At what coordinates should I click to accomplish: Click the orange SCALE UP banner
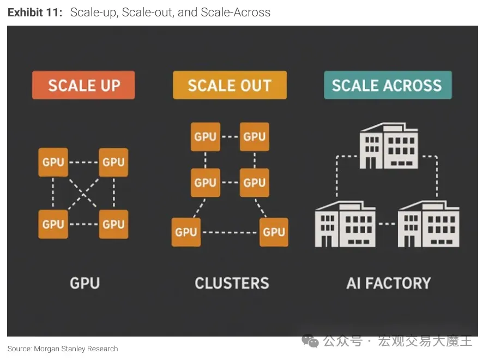(83, 86)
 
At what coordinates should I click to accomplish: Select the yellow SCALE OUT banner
(230, 86)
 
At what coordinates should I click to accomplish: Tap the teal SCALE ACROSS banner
(387, 86)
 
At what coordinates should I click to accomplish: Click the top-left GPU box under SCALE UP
(53, 162)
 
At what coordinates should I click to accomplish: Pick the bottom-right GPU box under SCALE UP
(113, 224)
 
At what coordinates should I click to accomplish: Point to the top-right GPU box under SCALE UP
(113, 162)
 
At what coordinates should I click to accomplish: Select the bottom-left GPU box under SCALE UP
(53, 224)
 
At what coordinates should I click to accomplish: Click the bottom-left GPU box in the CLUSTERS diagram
(186, 232)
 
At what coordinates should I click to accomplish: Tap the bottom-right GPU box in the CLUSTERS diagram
(274, 232)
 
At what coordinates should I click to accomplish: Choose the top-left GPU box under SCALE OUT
(205, 136)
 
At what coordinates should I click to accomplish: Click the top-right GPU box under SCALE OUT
(254, 136)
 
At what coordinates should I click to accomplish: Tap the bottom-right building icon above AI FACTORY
(429, 224)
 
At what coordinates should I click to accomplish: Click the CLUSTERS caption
(232, 283)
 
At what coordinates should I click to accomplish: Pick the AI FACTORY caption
(388, 283)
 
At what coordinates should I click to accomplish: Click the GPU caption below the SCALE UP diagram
(85, 283)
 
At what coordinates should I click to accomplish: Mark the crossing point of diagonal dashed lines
(83, 193)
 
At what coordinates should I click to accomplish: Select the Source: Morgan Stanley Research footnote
(63, 349)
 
